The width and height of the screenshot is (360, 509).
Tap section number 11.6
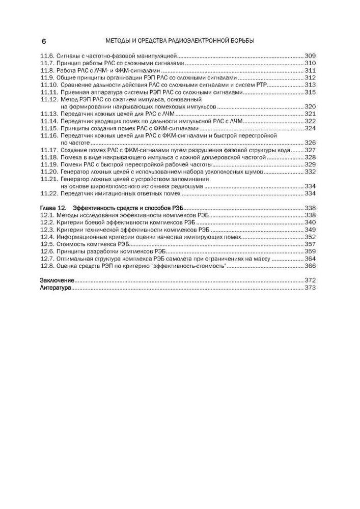(47, 55)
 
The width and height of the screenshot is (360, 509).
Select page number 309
(310, 55)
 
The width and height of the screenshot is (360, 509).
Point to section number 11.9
(47, 78)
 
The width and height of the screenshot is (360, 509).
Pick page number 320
(310, 107)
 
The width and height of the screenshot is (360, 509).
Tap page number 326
(310, 144)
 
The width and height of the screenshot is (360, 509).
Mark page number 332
(310, 172)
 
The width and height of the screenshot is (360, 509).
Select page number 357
(310, 244)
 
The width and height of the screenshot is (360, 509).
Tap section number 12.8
(47, 266)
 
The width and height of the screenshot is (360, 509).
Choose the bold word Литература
(56, 288)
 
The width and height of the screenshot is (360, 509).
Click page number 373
(310, 288)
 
